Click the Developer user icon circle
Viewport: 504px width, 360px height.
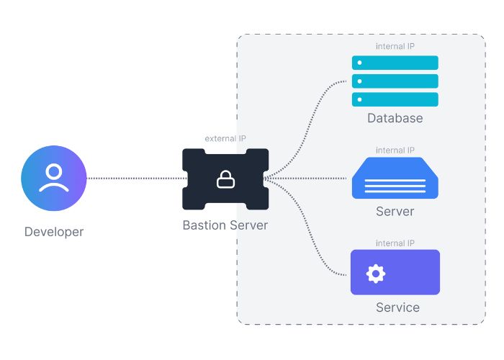(54, 178)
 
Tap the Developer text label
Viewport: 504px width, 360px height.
(54, 232)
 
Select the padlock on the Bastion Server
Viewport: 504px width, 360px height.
(225, 180)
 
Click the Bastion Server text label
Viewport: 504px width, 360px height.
(225, 225)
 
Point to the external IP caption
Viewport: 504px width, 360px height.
(225, 138)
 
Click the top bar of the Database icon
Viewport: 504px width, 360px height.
(395, 63)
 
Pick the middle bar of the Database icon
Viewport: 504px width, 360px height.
(395, 81)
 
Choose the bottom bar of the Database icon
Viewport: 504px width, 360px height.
(395, 99)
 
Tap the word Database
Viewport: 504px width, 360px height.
(395, 118)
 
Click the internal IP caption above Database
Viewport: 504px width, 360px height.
(395, 46)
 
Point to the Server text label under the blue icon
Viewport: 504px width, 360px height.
(395, 212)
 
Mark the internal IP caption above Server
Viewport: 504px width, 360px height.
(395, 150)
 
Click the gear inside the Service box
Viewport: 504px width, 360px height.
(376, 273)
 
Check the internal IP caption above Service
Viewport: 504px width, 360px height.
(395, 243)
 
